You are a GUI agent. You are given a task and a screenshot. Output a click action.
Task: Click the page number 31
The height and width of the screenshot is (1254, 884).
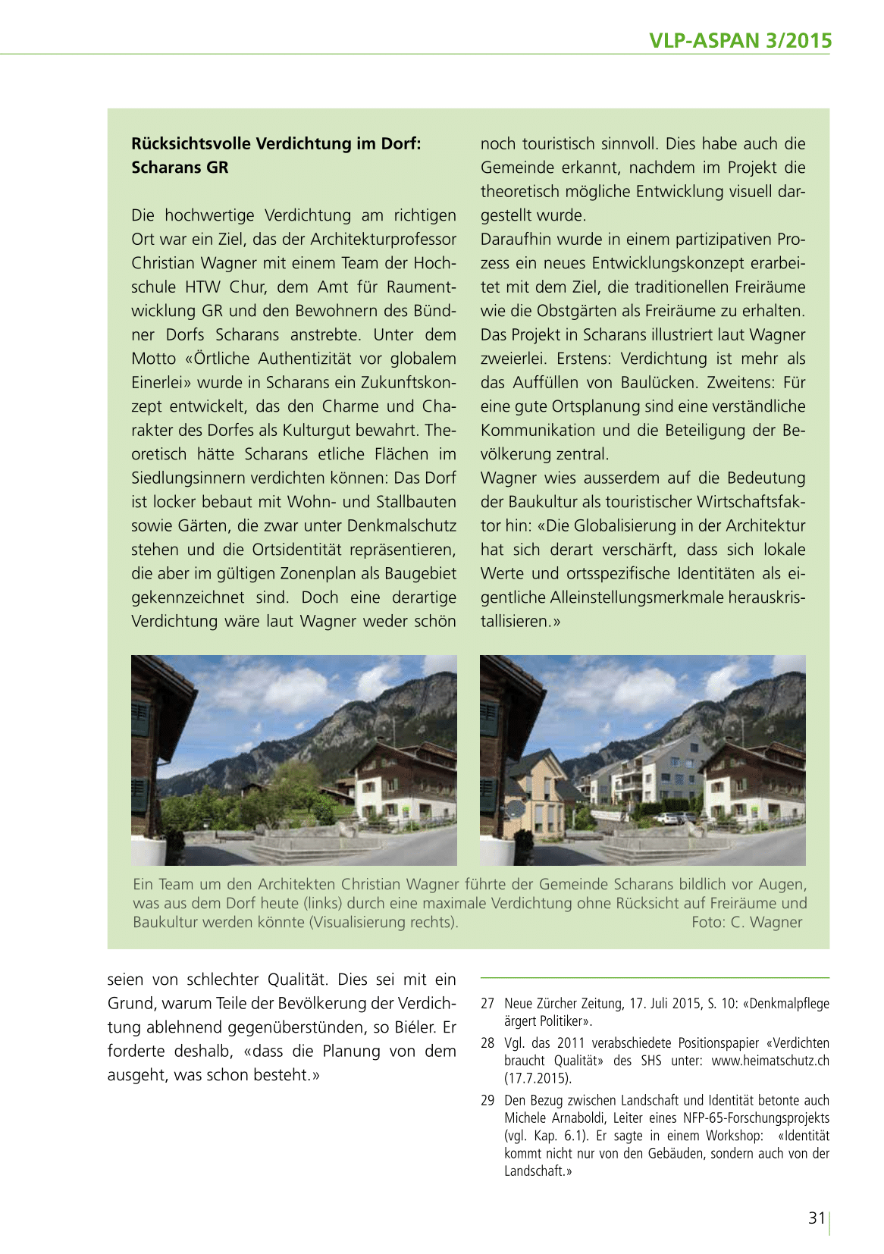pyautogui.click(x=816, y=1218)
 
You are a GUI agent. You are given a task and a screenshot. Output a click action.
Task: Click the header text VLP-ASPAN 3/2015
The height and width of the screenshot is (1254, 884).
pyautogui.click(x=740, y=40)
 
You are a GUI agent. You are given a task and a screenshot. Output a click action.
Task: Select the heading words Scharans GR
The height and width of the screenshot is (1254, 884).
pyautogui.click(x=180, y=168)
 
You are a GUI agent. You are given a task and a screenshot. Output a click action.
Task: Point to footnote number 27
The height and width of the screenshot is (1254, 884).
pyautogui.click(x=487, y=1003)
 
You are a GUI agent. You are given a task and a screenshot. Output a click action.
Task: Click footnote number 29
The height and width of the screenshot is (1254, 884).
pyautogui.click(x=487, y=1100)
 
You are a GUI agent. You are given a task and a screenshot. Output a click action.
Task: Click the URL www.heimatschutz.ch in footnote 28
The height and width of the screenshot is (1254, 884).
pyautogui.click(x=770, y=1061)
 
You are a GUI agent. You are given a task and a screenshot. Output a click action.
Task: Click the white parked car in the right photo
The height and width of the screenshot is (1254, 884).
pyautogui.click(x=668, y=819)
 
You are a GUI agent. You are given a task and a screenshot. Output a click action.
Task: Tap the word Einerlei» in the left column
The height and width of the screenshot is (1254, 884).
pyautogui.click(x=161, y=383)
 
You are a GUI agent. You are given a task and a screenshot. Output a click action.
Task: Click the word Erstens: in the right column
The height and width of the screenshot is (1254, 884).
pyautogui.click(x=585, y=359)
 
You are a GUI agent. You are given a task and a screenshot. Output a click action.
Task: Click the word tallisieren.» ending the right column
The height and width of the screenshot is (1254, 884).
pyautogui.click(x=520, y=622)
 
